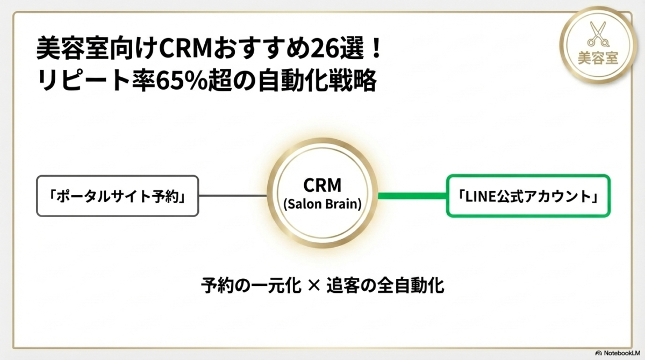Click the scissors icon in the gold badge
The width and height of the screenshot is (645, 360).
click(597, 34)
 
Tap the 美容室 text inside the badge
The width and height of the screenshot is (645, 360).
click(597, 57)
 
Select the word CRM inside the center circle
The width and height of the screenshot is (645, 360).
click(322, 185)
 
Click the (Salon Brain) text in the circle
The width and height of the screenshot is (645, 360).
click(322, 204)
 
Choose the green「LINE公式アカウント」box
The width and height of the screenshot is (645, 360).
click(529, 196)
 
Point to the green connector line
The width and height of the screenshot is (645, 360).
click(412, 196)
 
